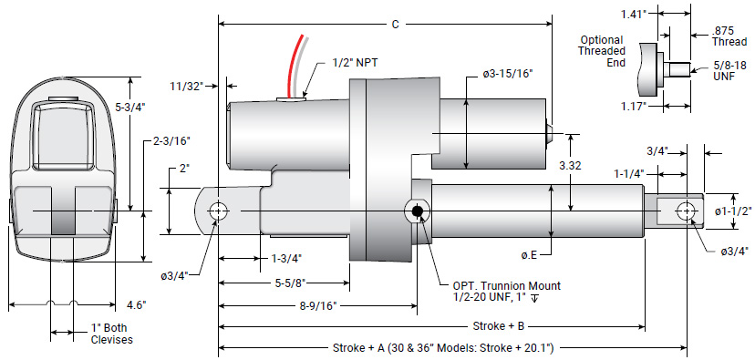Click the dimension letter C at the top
point(394,25)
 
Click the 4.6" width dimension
point(137,304)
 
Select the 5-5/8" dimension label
point(289,283)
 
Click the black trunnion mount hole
point(418,211)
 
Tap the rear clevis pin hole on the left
point(218,211)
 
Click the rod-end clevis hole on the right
point(685,211)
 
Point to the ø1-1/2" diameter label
point(732,211)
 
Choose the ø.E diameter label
point(528,254)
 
